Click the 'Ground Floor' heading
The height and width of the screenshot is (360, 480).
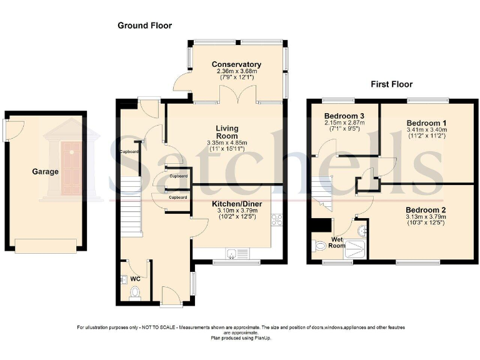144,26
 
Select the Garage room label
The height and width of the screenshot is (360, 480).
46,171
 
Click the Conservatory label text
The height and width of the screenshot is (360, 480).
236,64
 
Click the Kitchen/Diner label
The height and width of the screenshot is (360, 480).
236,204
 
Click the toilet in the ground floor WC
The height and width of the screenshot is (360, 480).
133,291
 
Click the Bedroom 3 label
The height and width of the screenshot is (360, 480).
344,116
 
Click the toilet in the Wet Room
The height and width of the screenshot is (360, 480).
321,247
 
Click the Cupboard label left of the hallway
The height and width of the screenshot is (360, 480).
129,151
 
